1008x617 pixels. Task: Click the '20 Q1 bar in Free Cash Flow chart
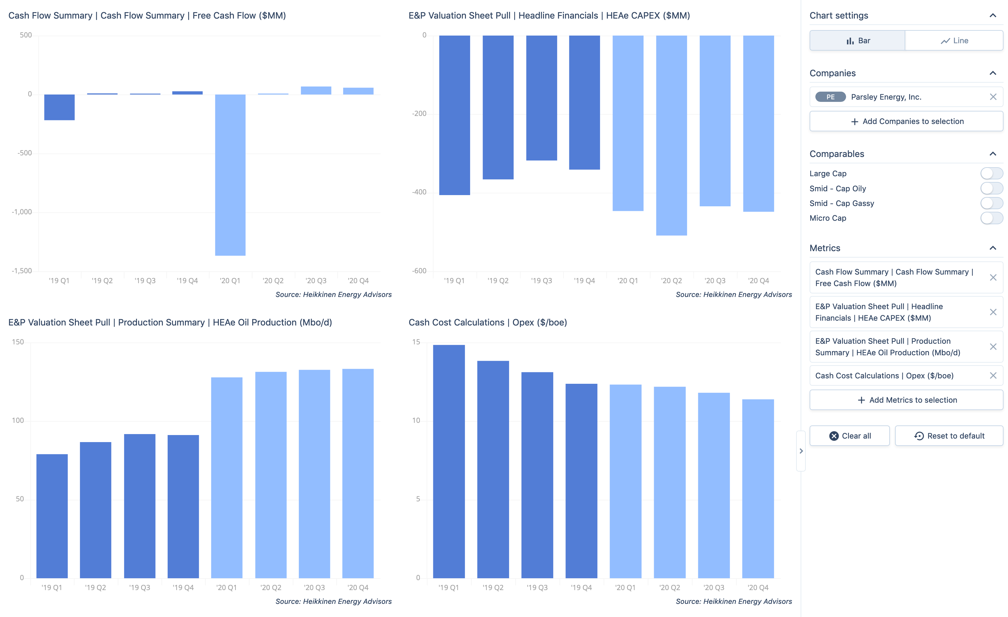point(230,175)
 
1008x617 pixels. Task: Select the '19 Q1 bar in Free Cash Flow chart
point(59,107)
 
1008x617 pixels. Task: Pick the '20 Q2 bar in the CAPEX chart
point(671,135)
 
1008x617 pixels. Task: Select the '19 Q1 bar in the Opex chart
point(449,461)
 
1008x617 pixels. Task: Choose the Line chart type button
point(954,41)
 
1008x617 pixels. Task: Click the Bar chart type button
point(858,41)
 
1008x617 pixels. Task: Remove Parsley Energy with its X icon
point(993,97)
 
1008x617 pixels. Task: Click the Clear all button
point(849,436)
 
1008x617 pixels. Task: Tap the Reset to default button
point(949,436)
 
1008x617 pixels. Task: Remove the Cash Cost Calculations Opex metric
point(993,376)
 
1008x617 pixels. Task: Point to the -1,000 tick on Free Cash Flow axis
point(22,212)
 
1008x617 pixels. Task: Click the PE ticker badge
point(830,97)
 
